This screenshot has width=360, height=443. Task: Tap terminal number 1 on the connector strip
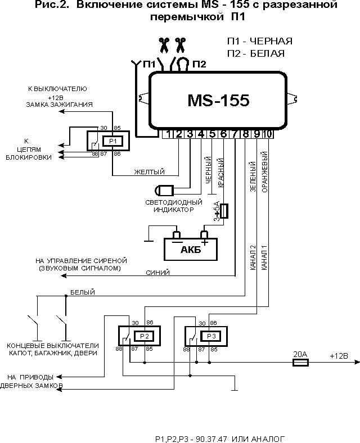pos(168,134)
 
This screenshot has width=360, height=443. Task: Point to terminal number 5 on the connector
pos(212,134)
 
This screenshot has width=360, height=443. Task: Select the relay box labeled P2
pos(145,336)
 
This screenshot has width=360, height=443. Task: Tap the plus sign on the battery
pos(205,242)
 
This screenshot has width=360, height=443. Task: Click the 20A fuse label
pos(300,355)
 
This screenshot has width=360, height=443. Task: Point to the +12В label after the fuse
pos(339,356)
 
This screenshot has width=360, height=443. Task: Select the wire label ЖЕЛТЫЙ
pos(149,171)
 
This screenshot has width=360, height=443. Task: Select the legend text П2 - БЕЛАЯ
pos(255,53)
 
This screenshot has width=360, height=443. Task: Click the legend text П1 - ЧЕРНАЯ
pos(259,42)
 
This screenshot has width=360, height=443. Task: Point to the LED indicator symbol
pos(165,189)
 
